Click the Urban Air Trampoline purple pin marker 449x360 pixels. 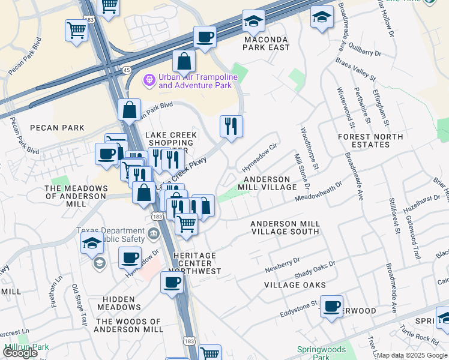point(149,79)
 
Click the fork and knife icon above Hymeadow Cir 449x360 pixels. point(231,126)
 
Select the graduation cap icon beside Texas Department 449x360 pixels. point(92,243)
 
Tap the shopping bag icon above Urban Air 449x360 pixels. point(184,61)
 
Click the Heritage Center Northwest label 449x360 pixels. point(197,263)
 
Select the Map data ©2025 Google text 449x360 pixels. point(412,355)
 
